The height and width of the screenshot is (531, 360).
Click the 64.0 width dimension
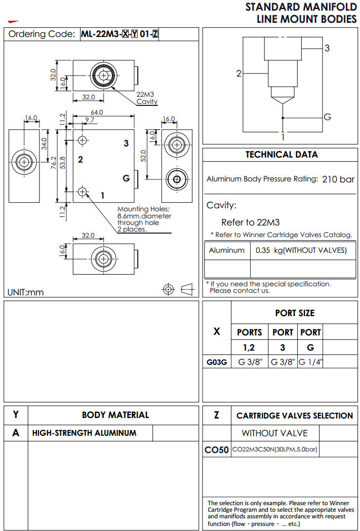tap(97, 112)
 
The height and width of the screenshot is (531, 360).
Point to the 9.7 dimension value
tap(89, 120)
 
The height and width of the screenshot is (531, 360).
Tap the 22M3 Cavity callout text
tap(147, 98)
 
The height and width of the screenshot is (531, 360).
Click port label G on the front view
tap(127, 178)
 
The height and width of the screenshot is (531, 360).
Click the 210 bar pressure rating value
tap(338, 179)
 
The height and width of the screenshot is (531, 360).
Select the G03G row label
tap(216, 362)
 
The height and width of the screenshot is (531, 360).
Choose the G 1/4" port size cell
tap(310, 362)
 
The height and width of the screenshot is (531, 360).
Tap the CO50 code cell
tap(216, 449)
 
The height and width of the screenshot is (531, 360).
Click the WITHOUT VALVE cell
tap(274, 433)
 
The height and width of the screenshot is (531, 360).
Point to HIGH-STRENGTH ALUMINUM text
tap(84, 433)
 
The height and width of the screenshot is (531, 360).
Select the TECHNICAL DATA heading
tap(282, 155)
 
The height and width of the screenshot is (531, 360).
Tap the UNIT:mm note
tap(26, 292)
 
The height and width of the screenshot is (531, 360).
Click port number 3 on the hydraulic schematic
tap(327, 48)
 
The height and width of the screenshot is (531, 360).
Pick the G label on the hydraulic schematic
tap(327, 117)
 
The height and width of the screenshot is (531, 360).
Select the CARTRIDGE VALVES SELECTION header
tap(294, 415)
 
